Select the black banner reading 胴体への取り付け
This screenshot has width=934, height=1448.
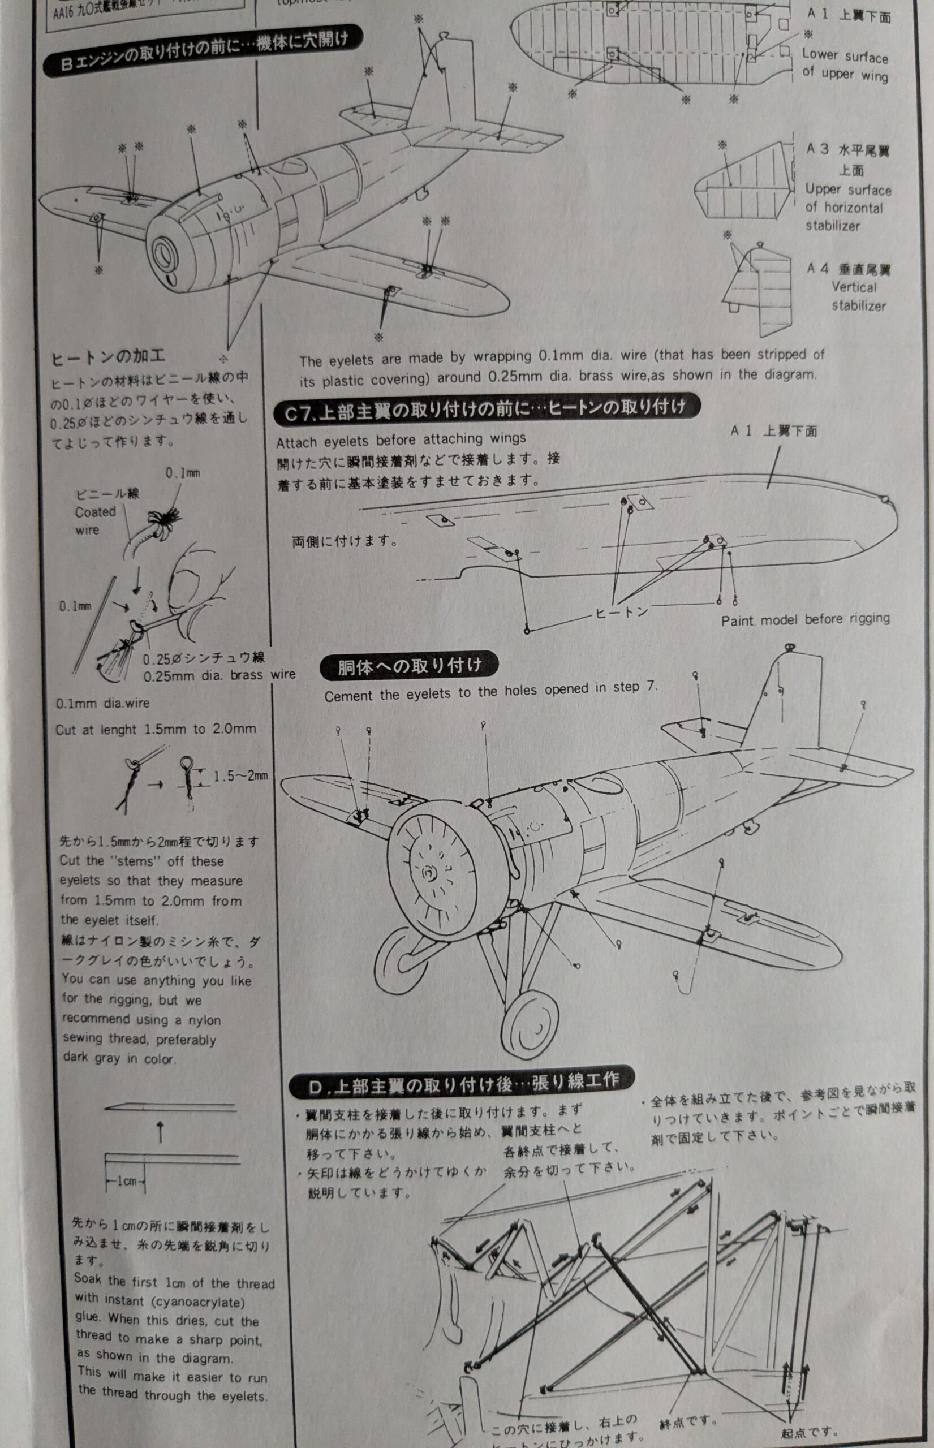410,667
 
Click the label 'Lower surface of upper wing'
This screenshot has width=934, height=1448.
845,65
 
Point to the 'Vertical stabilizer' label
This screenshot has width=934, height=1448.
858,296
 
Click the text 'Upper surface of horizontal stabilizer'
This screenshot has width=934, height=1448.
848,208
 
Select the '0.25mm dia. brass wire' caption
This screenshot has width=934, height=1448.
219,675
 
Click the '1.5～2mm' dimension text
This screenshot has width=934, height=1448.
241,776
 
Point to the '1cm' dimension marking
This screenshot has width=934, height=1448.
126,1180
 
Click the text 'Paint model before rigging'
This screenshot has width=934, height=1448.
805,620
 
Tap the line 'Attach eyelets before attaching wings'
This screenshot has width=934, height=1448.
401,439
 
